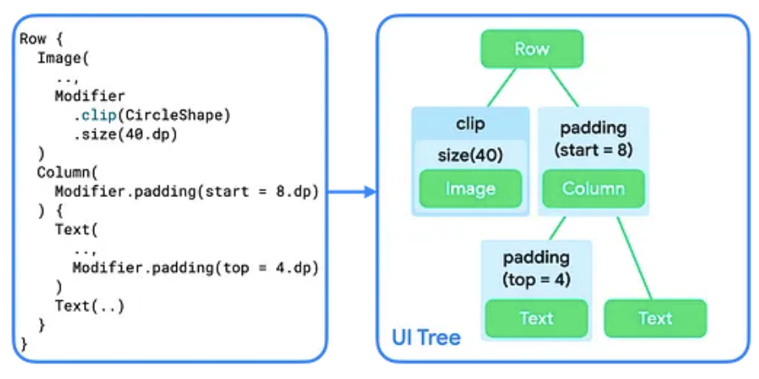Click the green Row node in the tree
[x=531, y=49]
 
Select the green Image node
[x=470, y=189]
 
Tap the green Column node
[x=593, y=189]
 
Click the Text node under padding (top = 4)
[x=537, y=319]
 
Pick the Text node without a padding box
[x=655, y=319]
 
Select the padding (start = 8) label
[x=593, y=139]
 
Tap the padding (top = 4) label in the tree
[x=537, y=268]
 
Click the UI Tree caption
[x=426, y=338]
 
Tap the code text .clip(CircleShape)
[x=151, y=115]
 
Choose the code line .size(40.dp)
[x=125, y=134]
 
